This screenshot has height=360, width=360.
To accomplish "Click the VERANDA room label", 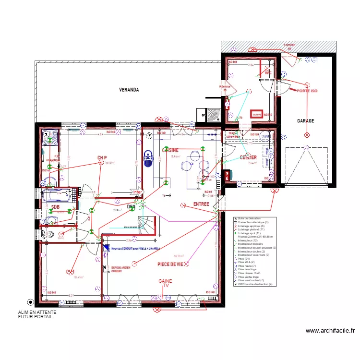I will point(129,90).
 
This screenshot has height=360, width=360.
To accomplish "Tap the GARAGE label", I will point(305,121).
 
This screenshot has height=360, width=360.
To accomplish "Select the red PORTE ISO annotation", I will point(307,90).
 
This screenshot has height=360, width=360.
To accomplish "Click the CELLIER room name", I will point(248,157).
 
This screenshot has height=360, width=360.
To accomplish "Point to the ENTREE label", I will point(201,204).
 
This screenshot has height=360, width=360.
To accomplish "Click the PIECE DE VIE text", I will point(170,264).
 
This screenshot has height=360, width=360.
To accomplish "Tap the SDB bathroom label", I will point(56,207).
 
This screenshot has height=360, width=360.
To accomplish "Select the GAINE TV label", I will point(166,283).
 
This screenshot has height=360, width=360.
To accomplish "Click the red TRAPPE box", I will point(257,114).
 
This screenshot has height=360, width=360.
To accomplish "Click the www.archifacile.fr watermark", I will point(330,330).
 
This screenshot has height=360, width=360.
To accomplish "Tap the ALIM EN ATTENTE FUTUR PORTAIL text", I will point(37,314).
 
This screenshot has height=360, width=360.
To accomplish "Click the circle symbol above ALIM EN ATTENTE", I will point(30,302).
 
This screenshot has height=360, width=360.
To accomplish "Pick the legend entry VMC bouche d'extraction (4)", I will point(255,284).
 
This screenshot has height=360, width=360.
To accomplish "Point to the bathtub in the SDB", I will point(58,196).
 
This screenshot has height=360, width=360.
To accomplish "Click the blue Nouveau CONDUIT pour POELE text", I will point(135,248).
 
